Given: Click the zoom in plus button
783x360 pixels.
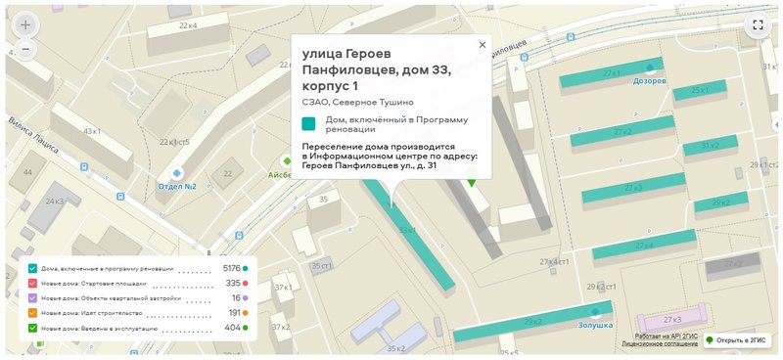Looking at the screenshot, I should click(25, 24).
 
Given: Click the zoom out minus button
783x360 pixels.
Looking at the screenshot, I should click(25, 49).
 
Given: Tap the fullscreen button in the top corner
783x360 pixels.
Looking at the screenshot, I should click(758, 25).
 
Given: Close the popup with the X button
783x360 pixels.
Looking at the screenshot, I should click(482, 45).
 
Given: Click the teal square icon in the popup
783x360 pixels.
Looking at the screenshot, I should click(309, 123).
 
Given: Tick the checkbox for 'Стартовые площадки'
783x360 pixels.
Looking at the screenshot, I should click(33, 283).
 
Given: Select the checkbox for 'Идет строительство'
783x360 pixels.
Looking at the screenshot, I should click(33, 312).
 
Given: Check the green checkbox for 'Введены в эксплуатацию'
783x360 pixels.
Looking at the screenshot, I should click(33, 328).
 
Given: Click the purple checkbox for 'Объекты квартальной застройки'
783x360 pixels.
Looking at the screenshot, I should click(33, 297).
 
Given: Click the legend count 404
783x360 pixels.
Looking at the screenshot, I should click(232, 328).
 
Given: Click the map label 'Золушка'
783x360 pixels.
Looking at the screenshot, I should click(594, 324).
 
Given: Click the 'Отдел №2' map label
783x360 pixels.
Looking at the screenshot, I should click(177, 186).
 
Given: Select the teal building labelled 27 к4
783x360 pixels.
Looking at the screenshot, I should click(642, 246).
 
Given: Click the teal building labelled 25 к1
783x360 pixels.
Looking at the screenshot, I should click(698, 91).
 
